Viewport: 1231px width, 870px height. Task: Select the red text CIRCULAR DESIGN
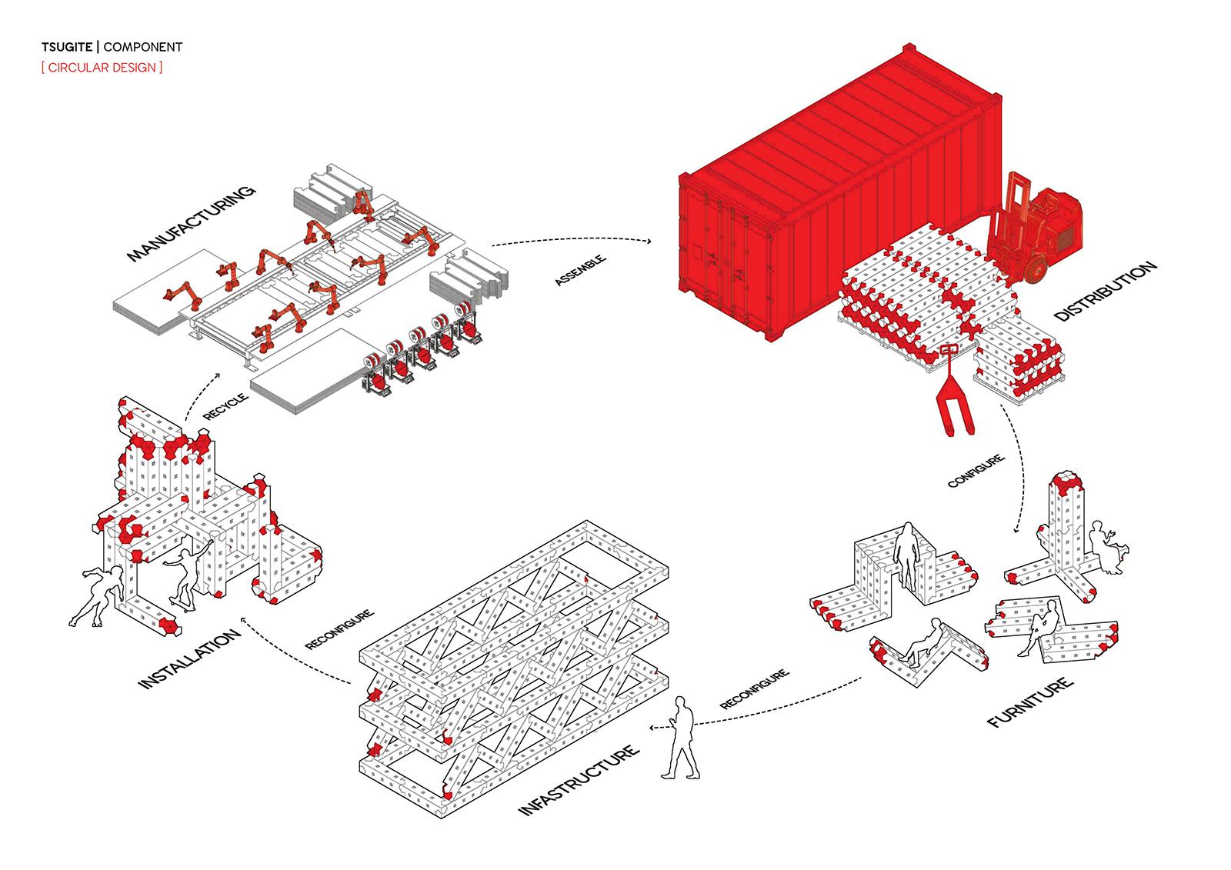pos(102,67)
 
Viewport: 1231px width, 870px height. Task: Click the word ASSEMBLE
pos(580,272)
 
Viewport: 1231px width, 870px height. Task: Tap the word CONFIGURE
pos(976,471)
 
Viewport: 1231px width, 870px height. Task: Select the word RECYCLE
pos(225,406)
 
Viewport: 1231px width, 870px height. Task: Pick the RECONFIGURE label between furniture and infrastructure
pos(755,689)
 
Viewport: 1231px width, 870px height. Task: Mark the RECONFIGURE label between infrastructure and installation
pos(339,629)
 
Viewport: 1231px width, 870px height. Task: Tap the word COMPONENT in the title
pos(143,47)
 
